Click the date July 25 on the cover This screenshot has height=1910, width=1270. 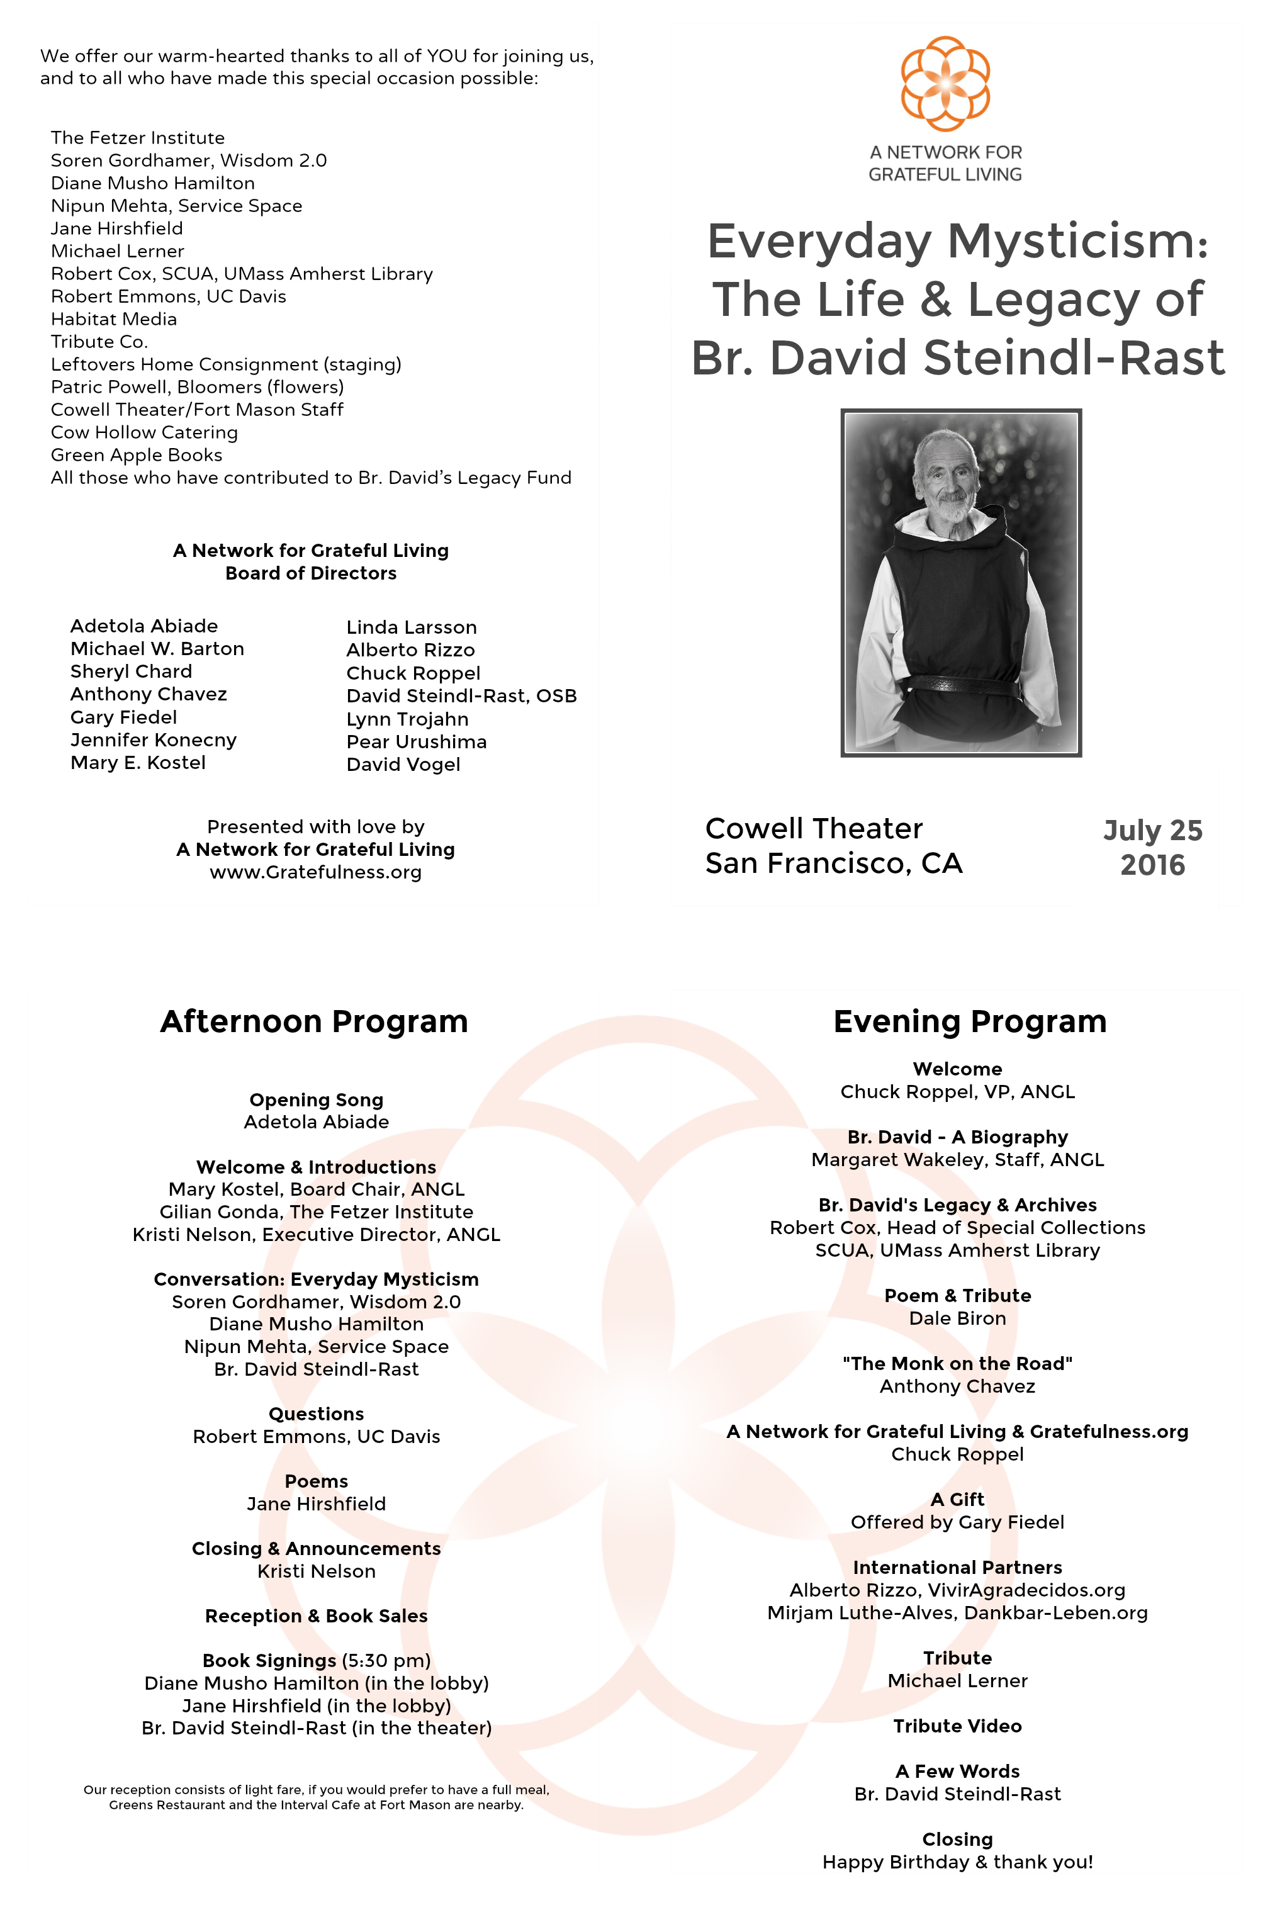(x=1152, y=830)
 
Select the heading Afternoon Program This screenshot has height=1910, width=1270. (x=314, y=1021)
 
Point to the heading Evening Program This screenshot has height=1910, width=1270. (x=970, y=1021)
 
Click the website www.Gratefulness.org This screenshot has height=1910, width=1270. (x=316, y=872)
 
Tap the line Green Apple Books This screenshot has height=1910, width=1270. (x=136, y=455)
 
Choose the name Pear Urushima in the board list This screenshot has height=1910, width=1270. (x=417, y=742)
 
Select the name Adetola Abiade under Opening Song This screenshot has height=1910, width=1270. (x=316, y=1122)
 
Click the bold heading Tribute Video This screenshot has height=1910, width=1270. (x=957, y=1726)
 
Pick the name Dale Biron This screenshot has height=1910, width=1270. (x=957, y=1318)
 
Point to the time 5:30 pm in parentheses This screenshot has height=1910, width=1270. (x=386, y=1661)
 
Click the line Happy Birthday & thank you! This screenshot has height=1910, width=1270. (x=957, y=1862)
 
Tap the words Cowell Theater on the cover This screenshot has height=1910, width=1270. (x=814, y=829)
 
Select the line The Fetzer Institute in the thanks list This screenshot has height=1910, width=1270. (x=138, y=138)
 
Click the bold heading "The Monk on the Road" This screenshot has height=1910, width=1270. (x=957, y=1363)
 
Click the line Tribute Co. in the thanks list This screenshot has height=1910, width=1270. (x=99, y=342)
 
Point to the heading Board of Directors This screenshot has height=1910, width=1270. (x=311, y=573)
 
